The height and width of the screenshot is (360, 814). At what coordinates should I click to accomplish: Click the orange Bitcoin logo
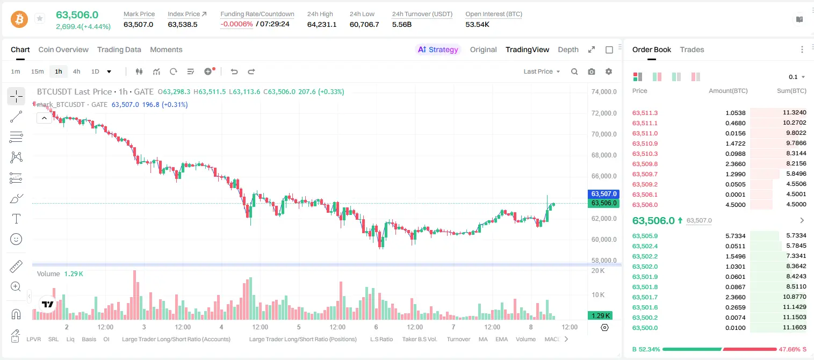point(19,19)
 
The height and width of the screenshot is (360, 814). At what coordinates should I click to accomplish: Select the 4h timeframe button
point(76,71)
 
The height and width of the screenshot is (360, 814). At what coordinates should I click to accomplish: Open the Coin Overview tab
point(63,49)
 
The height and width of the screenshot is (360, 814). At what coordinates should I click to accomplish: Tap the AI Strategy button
point(438,49)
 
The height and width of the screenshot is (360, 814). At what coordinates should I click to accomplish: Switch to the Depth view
point(568,50)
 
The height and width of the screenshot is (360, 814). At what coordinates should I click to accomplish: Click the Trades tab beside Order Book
point(692,49)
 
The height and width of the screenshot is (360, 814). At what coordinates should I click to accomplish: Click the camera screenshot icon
point(592,71)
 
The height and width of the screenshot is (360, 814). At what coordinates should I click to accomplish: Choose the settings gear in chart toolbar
point(609,71)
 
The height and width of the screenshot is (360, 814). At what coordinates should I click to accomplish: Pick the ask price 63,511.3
point(645,113)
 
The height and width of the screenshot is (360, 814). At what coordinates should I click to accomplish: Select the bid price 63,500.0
point(645,328)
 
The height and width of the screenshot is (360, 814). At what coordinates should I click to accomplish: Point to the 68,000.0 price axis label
point(604,155)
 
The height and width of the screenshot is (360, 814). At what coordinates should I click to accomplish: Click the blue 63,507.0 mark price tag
point(603,194)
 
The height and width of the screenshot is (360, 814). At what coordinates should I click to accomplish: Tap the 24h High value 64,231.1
point(322,24)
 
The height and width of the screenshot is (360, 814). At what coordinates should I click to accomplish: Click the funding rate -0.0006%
point(236,24)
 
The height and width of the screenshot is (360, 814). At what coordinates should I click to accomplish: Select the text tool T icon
point(16,219)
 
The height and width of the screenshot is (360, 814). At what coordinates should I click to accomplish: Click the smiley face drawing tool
point(16,239)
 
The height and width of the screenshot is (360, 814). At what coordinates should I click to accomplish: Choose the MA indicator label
point(483,339)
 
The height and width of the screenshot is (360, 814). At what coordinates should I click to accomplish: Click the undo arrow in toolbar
point(234,71)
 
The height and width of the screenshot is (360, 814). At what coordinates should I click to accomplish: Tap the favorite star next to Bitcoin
point(40,18)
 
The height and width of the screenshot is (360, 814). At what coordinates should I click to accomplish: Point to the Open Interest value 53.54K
point(478,24)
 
